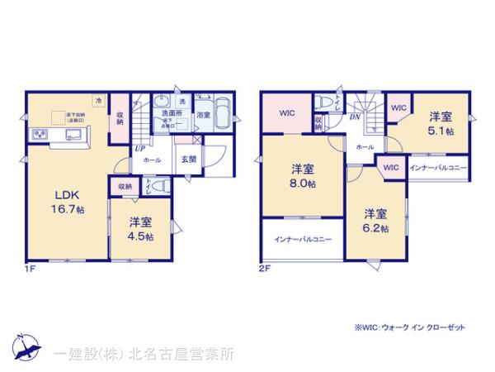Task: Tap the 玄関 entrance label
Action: click(188, 160)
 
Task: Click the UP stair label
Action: click(140, 149)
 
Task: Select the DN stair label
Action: click(353, 117)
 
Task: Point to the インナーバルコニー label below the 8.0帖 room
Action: click(303, 240)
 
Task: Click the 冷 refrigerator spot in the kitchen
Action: click(99, 100)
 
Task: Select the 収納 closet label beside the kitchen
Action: click(120, 117)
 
